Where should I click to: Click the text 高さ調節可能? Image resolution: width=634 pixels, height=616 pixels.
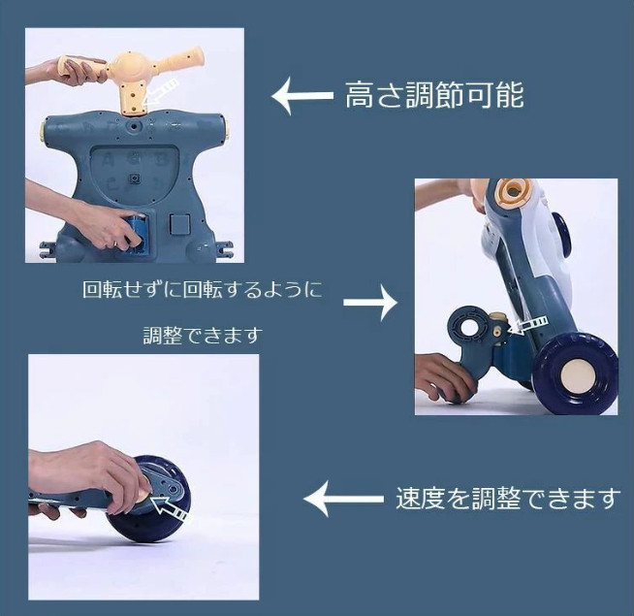[x=434, y=95]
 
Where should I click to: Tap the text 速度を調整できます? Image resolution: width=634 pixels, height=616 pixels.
[x=508, y=498]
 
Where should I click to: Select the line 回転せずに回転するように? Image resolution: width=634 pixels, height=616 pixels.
[x=203, y=289]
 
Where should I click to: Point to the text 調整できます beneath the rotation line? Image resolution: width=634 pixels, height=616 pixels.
[x=203, y=336]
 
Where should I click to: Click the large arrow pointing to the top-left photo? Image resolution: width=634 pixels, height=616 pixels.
[x=302, y=96]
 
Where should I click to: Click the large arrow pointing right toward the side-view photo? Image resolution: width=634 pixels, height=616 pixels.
[x=370, y=303]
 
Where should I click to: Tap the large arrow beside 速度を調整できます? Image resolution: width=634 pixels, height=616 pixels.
[x=343, y=499]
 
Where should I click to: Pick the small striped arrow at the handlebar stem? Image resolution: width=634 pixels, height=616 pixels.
[x=160, y=93]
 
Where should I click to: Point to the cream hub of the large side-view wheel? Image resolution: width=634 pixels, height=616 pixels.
[x=574, y=375]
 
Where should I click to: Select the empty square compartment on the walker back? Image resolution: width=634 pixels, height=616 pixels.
[x=180, y=224]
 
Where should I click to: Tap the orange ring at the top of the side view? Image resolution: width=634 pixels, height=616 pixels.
[x=514, y=190]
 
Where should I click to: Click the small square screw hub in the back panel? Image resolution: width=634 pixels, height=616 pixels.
[x=135, y=178]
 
